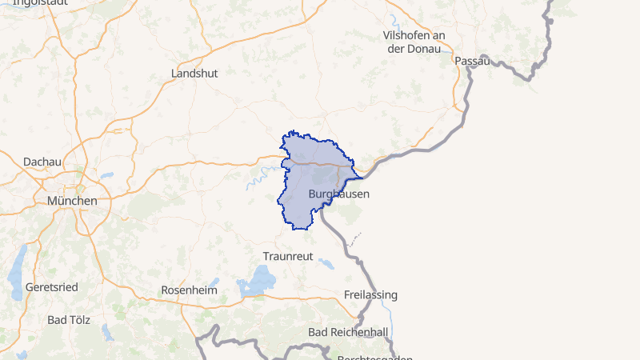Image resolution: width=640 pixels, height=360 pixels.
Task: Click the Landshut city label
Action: [x=194, y=73]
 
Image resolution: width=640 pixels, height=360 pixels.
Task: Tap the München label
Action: [x=72, y=201]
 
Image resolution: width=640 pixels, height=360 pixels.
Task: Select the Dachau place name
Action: [x=42, y=162]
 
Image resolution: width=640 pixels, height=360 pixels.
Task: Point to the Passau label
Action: [x=470, y=61]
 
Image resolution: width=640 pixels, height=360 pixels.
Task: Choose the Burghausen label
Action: [x=338, y=194]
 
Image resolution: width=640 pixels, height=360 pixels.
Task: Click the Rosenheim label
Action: [x=189, y=290]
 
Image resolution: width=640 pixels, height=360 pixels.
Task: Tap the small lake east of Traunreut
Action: [x=326, y=262]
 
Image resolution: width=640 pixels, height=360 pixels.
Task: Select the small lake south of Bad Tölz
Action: [x=107, y=330]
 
